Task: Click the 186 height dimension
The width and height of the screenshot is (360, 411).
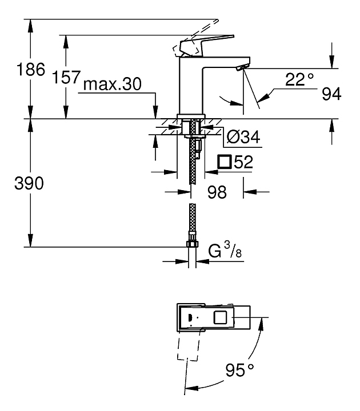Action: (31, 70)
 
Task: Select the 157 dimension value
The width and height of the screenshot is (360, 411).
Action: (66, 77)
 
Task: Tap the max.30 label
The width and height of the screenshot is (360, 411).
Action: (113, 84)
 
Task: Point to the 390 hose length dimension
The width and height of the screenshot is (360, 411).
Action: (29, 183)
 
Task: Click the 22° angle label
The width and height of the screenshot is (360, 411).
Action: (299, 79)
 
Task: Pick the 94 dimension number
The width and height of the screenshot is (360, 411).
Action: (331, 94)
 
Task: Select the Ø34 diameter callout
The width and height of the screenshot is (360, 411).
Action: (243, 137)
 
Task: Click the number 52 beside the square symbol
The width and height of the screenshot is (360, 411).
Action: (243, 162)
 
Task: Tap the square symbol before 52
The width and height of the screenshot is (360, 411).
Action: (225, 162)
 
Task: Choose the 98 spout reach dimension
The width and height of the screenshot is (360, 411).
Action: (217, 192)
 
